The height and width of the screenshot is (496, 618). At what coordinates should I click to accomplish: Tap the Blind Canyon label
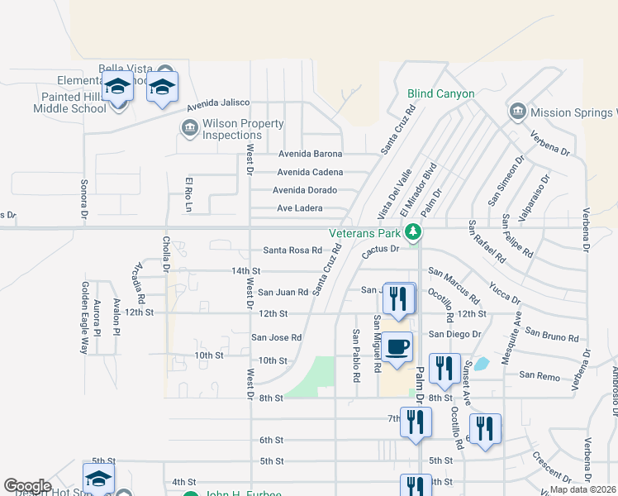point(440,94)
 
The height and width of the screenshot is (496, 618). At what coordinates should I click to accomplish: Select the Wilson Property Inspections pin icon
point(189,128)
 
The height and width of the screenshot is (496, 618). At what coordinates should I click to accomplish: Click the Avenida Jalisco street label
point(218,103)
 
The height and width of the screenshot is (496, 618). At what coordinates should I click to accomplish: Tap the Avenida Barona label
point(310,154)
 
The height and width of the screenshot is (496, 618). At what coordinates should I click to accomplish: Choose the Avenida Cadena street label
point(310,172)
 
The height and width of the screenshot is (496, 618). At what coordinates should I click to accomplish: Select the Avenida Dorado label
point(305,190)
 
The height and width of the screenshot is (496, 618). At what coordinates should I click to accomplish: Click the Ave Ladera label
point(299,208)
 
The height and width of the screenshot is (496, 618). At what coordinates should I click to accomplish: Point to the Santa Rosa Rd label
point(292,250)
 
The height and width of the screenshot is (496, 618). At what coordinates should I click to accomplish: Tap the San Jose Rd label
point(277,337)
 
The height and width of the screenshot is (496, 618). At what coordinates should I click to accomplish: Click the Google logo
point(27,486)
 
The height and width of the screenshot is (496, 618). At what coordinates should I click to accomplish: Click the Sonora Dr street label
point(84,200)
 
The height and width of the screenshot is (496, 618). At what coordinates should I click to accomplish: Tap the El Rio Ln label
point(188,196)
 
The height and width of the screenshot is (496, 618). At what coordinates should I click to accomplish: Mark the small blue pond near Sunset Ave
point(480,364)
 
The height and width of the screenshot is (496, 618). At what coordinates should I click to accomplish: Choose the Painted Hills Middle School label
point(54,103)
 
